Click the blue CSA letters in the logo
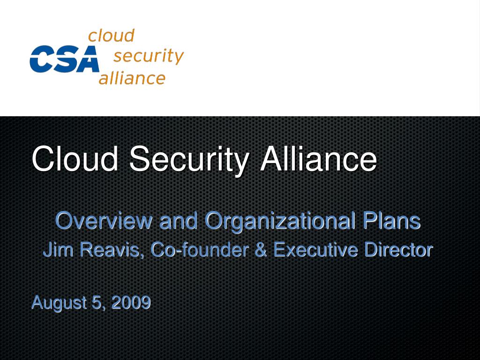64,59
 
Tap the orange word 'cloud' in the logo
112,36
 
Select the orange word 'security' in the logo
148,56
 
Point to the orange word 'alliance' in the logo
132,78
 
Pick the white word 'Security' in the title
189,159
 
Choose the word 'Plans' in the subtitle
391,220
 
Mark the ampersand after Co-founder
262,250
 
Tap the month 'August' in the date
59,303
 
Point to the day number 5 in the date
97,303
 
